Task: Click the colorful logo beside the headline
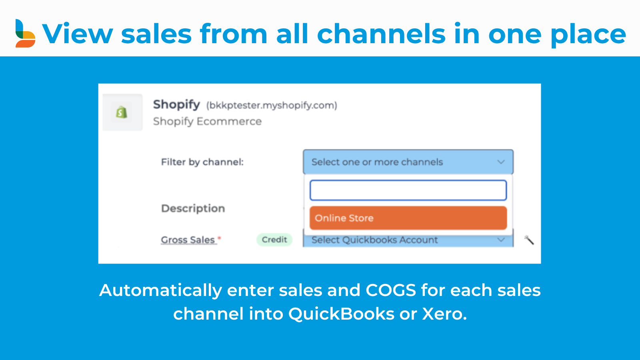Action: (25, 33)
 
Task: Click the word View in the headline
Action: (78, 34)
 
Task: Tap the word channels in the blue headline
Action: (381, 34)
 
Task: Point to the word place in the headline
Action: (588, 35)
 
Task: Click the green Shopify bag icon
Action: (122, 112)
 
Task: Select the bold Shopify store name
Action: (176, 105)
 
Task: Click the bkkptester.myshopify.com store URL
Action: (272, 106)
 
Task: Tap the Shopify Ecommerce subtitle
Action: (207, 122)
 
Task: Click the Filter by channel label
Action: (202, 162)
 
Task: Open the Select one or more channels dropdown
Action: (408, 162)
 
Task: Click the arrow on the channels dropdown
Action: (501, 162)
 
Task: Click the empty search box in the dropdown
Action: (408, 190)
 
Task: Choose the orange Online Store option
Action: (408, 218)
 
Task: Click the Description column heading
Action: (193, 208)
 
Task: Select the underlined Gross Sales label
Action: (188, 240)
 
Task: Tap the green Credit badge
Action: (274, 240)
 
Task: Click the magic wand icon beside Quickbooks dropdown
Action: (529, 240)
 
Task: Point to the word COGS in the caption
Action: (390, 290)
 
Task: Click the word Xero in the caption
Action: (444, 314)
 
